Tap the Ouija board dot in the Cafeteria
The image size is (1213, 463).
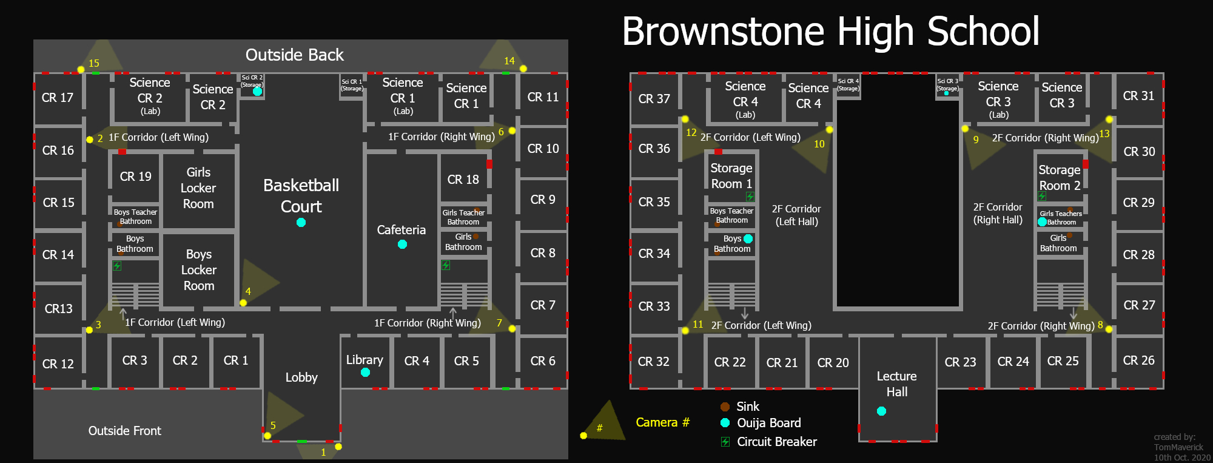point(402,245)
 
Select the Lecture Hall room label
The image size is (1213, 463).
point(896,384)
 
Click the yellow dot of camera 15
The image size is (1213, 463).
point(81,70)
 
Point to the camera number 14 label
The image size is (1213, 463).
point(509,61)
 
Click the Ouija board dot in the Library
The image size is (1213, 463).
point(365,373)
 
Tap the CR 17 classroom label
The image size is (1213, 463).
point(58,98)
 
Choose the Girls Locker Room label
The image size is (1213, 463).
point(198,188)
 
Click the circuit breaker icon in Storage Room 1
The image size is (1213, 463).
point(750,196)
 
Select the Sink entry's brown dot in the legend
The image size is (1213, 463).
point(725,407)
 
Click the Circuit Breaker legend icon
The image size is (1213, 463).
point(725,442)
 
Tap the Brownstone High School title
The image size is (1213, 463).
point(830,32)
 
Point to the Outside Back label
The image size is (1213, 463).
point(294,55)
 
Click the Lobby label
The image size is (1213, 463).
point(301,377)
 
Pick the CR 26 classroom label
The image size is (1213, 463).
point(1138,360)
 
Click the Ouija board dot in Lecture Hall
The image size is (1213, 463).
point(882,411)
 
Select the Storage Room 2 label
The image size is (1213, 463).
point(1059,178)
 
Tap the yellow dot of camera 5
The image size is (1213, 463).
point(267,436)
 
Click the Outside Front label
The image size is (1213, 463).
point(125,431)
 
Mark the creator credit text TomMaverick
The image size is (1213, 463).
point(1178,447)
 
